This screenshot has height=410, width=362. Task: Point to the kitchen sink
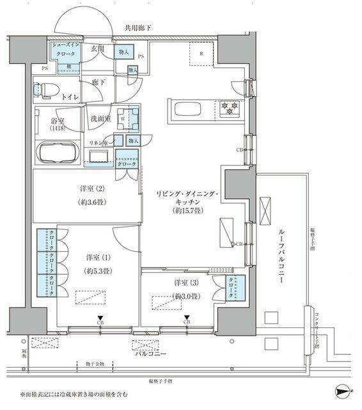click(x=187, y=111)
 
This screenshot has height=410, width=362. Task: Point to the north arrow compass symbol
click(x=342, y=390)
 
